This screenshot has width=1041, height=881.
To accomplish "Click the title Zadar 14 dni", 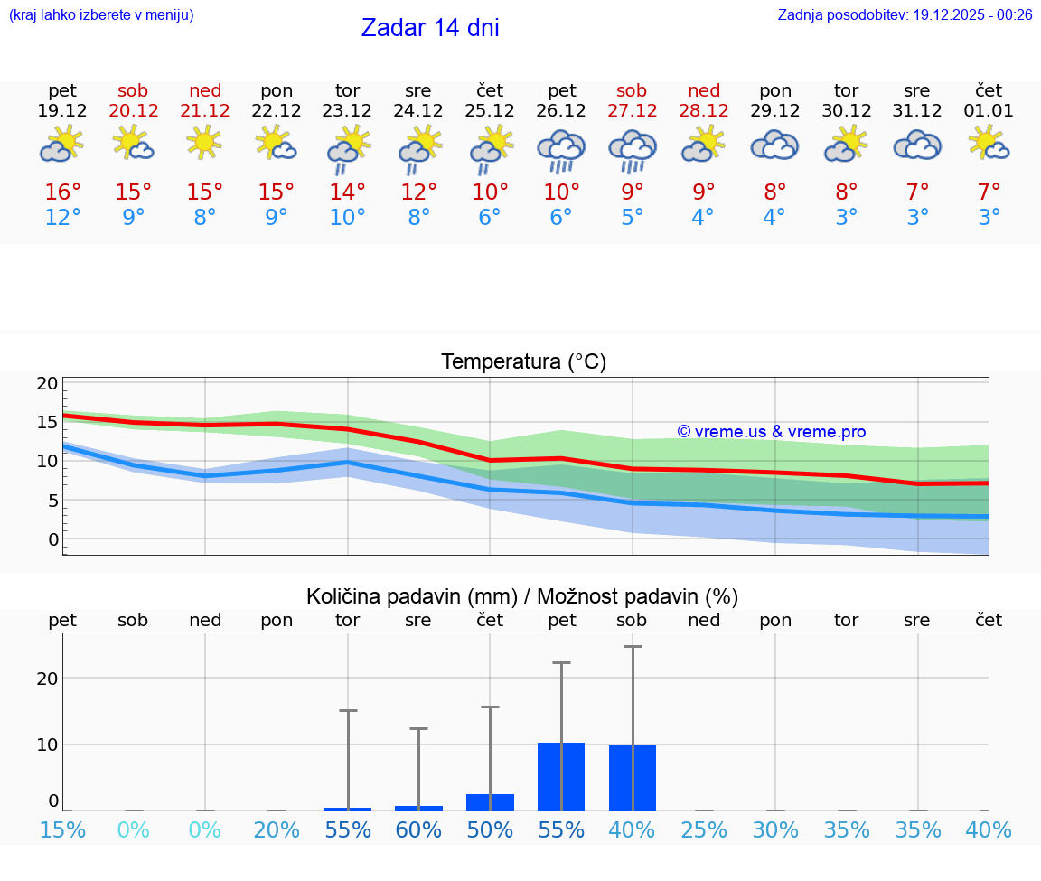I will (430, 28).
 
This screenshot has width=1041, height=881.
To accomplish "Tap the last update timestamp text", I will (905, 14).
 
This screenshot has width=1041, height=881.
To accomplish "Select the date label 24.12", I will (418, 110).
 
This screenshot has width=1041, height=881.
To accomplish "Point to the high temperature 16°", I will (63, 192).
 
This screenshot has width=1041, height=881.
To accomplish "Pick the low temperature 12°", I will (62, 218).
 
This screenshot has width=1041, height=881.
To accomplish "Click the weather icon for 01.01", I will (989, 145).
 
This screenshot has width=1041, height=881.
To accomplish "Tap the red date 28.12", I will (704, 110).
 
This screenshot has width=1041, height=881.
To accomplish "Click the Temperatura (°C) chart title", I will (523, 361).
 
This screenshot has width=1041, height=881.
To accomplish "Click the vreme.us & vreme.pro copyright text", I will (771, 432).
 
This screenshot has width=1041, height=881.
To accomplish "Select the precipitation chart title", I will (522, 596).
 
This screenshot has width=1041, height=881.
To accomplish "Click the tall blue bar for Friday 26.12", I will (561, 776).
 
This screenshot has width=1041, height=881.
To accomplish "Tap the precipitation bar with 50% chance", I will (490, 802).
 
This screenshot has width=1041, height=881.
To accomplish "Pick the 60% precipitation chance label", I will (418, 830).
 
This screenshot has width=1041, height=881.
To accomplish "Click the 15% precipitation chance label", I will (62, 830).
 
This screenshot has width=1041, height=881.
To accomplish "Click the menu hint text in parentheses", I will (100, 14).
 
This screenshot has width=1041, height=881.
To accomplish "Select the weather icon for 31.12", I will (917, 145).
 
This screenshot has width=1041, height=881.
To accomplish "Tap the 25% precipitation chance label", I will (704, 830).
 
